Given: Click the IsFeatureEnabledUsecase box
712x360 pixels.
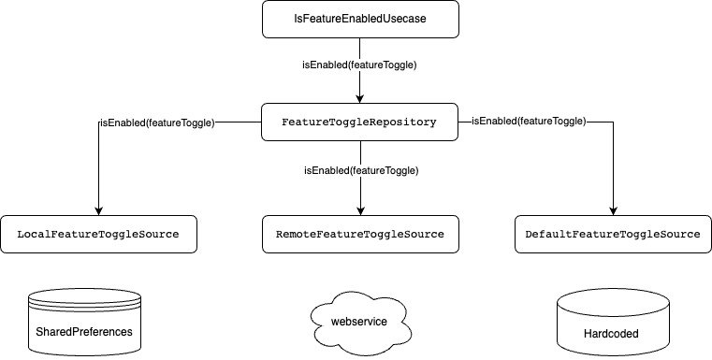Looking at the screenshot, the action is (360, 19).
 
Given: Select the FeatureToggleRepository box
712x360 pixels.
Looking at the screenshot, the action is (359, 122).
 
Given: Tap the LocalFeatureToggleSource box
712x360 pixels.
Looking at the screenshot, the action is (98, 235).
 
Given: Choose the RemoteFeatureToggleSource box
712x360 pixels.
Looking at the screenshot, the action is (360, 235).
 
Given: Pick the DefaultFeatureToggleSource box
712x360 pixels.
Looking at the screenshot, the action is (613, 235).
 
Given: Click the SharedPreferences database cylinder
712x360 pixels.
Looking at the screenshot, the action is (84, 323).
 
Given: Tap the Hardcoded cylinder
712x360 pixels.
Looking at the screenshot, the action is (613, 323).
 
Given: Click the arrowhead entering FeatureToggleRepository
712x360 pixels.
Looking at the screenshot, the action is (359, 99).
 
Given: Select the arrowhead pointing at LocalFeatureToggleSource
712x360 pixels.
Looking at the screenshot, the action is (98, 211).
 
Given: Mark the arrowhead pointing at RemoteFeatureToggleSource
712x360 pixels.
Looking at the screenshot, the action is (360, 211).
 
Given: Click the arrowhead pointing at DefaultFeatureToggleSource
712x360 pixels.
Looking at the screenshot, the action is (613, 211).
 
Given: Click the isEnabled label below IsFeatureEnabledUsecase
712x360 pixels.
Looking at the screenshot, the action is (359, 65).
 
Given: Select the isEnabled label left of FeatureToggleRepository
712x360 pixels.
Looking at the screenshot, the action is (157, 122).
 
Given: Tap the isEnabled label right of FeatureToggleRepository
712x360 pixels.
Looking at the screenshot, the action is (529, 122).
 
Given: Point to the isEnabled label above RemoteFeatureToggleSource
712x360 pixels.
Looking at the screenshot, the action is (361, 171).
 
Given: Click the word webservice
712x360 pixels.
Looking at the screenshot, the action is (359, 322).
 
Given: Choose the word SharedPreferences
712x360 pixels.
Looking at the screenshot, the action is (84, 332).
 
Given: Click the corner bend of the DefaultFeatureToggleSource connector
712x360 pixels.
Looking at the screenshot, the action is (613, 122).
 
